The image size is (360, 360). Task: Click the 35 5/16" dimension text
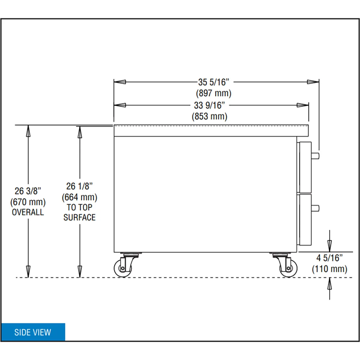pos(214,82)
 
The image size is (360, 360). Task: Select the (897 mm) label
pos(214,93)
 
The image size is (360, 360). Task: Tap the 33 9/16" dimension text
pos(209,105)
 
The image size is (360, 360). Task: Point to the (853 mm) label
pos(209,116)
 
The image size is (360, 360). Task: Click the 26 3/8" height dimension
pos(28,191)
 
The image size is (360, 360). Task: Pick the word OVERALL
pos(28,212)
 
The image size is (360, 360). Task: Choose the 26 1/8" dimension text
pos(79,186)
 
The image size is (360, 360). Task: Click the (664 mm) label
pos(79,197)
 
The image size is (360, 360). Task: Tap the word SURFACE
pos(79,217)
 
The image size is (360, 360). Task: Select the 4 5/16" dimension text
pos(329,258)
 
